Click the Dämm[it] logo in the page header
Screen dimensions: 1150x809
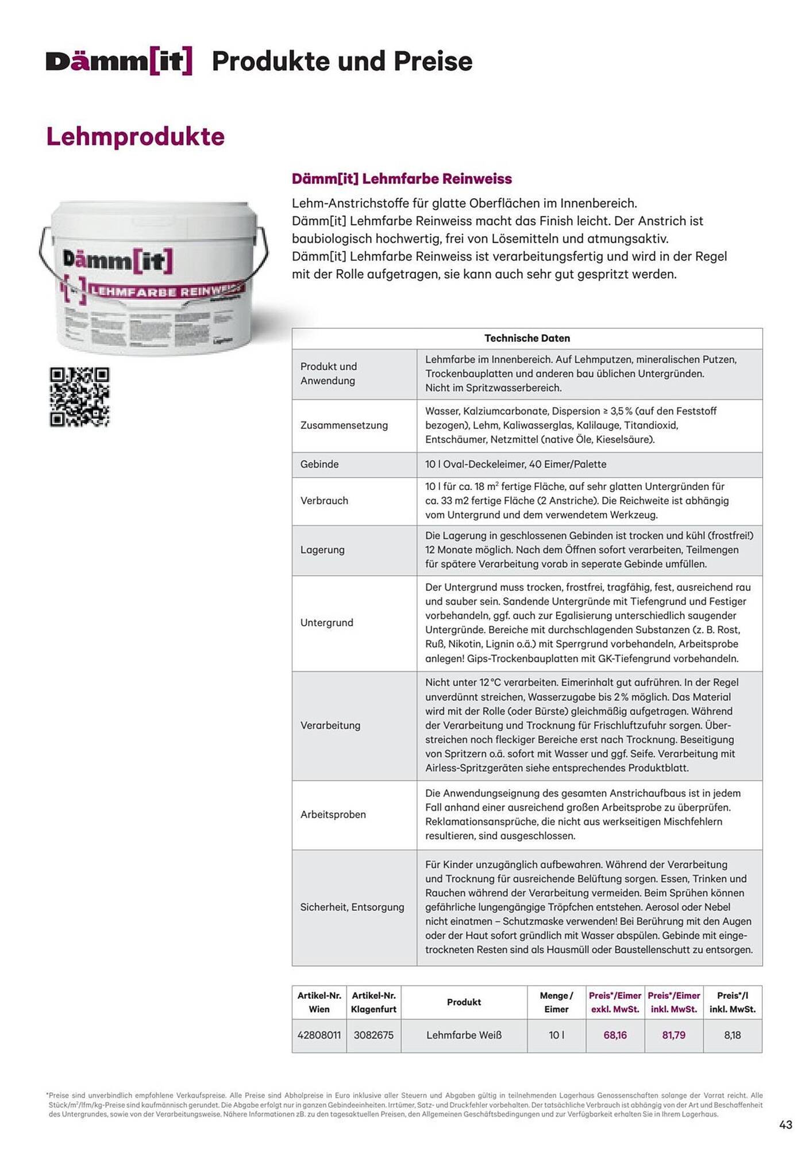(x=119, y=62)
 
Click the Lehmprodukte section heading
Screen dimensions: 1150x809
(x=136, y=137)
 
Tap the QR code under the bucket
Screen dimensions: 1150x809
(x=79, y=397)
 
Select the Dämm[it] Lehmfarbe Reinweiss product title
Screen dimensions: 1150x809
(x=402, y=179)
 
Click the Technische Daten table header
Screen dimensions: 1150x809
(x=527, y=338)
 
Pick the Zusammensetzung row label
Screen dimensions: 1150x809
(x=344, y=425)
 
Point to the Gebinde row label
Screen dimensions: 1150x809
(x=319, y=464)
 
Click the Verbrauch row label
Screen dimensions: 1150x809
(x=324, y=501)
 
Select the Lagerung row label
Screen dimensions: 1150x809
(x=322, y=550)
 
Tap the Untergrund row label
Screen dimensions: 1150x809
(x=326, y=623)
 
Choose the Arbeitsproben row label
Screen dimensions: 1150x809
(x=333, y=814)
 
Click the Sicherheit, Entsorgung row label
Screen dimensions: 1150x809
(x=352, y=907)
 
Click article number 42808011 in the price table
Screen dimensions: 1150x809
(x=319, y=1035)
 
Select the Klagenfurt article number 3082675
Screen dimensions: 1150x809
(x=373, y=1035)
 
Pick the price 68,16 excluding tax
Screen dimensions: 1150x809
(x=615, y=1035)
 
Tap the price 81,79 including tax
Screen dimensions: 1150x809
(x=673, y=1035)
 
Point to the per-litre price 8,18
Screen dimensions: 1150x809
(x=732, y=1035)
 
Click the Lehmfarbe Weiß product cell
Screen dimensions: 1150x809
(x=464, y=1035)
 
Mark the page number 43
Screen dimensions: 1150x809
(x=785, y=1125)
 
